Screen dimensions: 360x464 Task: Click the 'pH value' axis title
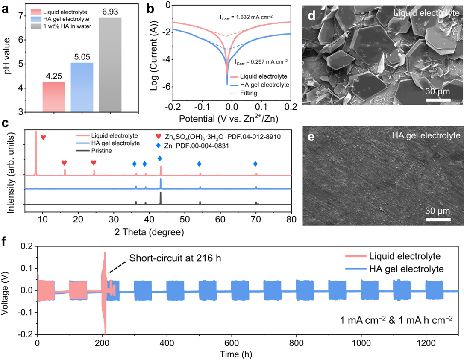click(7, 59)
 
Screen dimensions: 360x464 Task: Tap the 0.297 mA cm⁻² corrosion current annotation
click(261, 62)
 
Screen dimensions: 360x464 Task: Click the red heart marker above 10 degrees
click(43, 137)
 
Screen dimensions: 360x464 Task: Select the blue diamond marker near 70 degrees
click(255, 164)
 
